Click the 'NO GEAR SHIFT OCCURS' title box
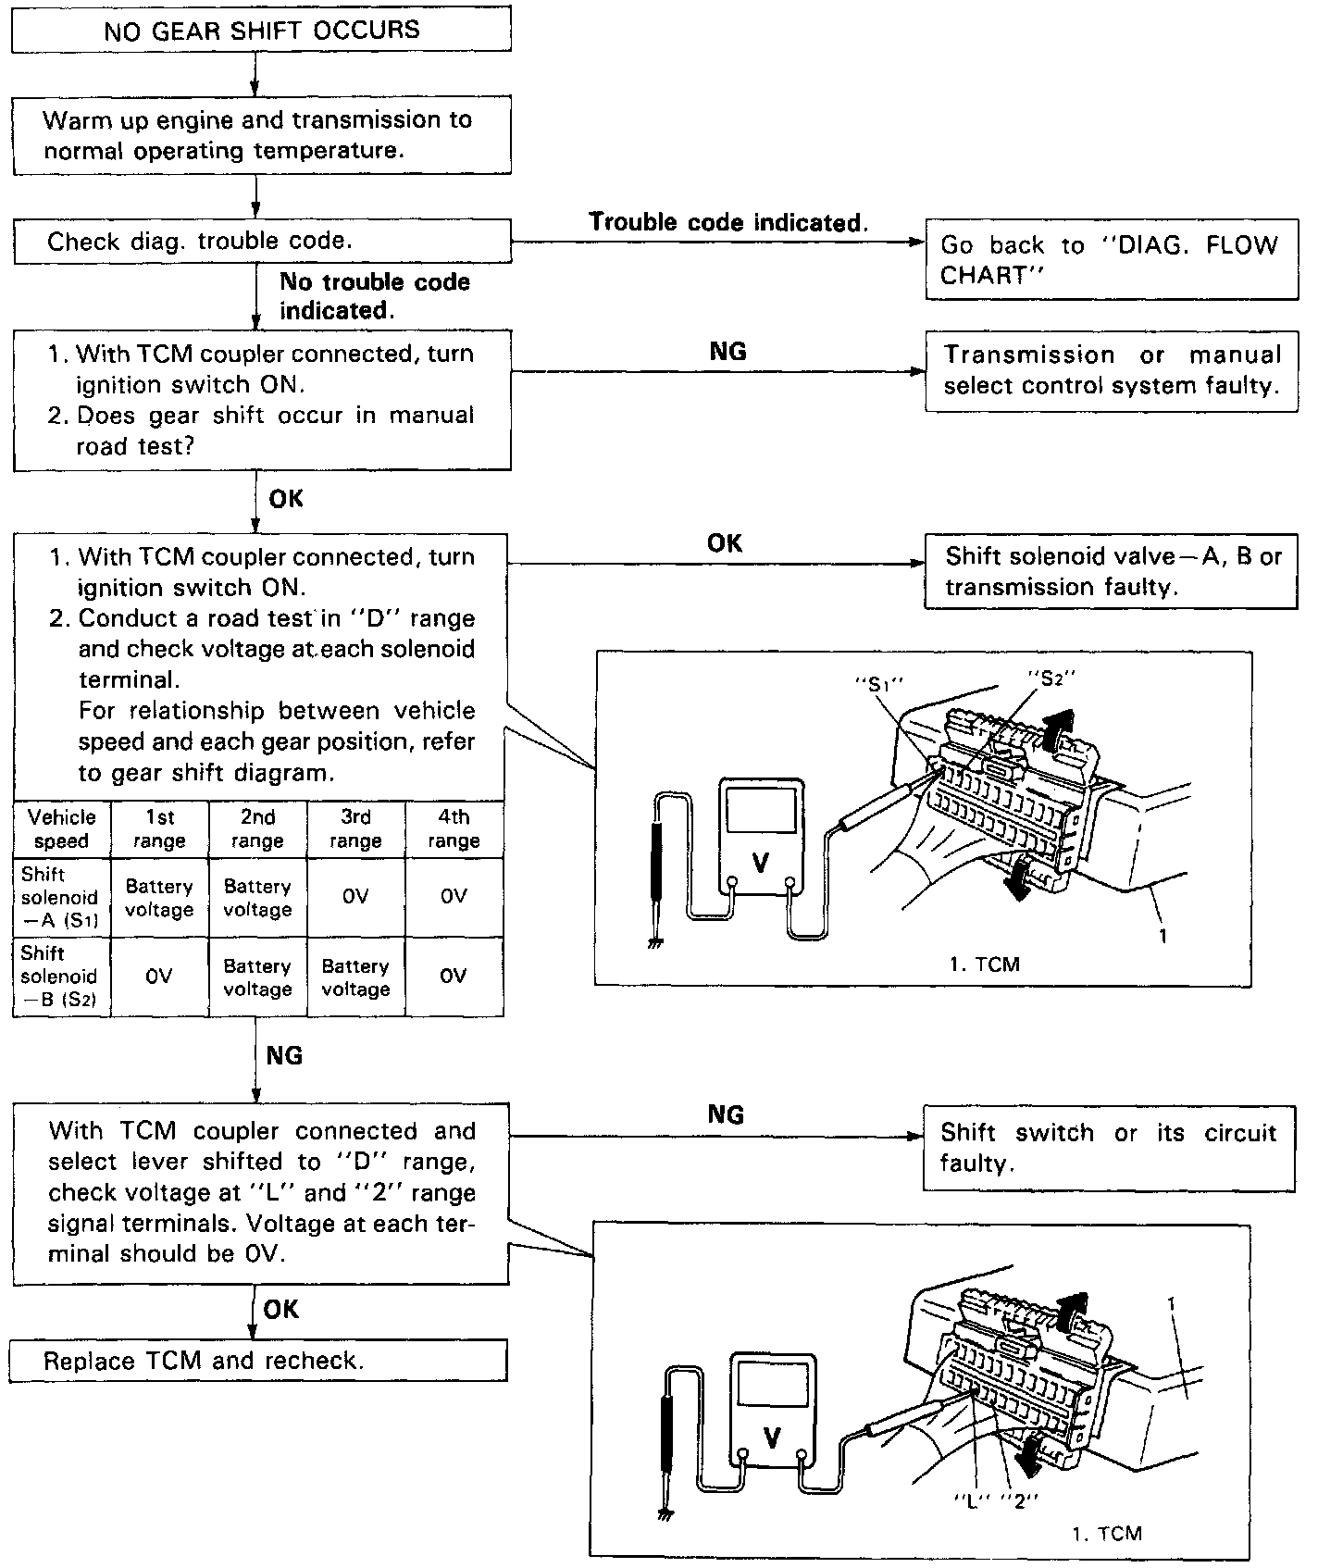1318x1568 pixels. [261, 31]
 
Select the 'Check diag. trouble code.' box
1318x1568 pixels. [261, 242]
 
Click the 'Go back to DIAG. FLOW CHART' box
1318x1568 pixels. [1111, 260]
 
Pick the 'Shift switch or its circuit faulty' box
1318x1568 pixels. [1109, 1148]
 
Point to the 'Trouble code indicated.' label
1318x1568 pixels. [728, 222]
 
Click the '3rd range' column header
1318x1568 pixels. [355, 829]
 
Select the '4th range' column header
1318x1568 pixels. [454, 829]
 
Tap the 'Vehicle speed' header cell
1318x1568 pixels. [62, 829]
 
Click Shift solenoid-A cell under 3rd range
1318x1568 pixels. [355, 897]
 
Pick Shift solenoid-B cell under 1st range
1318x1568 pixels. [159, 977]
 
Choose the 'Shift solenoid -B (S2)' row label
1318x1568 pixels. [59, 977]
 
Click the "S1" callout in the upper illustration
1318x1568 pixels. [877, 685]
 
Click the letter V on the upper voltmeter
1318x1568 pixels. [761, 863]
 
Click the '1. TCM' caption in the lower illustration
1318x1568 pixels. [1107, 1534]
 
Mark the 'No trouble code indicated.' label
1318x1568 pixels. [375, 296]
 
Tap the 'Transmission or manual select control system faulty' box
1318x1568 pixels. [1111, 370]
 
